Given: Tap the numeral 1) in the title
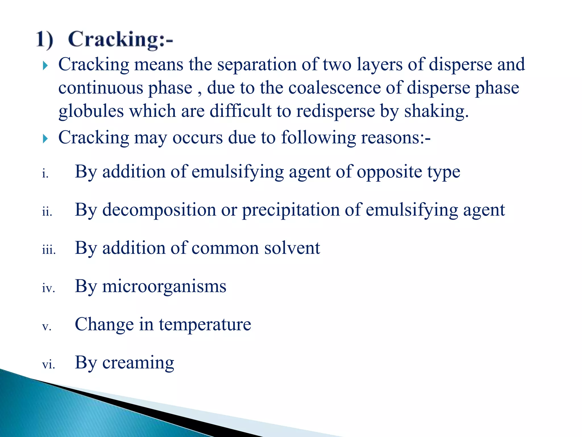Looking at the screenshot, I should tap(45, 40).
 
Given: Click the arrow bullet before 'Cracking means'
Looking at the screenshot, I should tap(45, 66).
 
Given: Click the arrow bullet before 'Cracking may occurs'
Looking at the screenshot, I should tap(45, 139).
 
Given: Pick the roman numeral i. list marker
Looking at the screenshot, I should tap(45, 173).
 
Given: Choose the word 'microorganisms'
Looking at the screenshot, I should tap(164, 286).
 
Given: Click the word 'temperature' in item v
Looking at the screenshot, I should tap(205, 325).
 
